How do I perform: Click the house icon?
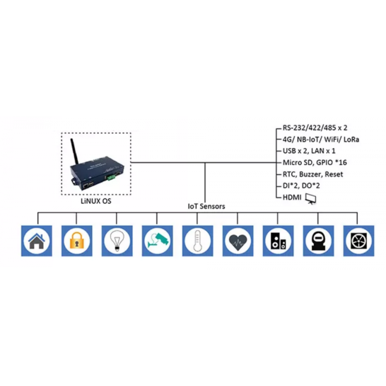[x=37, y=240]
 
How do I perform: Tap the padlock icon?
[x=77, y=240]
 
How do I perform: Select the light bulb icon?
[x=117, y=240]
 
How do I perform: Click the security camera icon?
[x=157, y=240]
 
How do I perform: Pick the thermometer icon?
[x=197, y=240]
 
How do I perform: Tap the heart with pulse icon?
[x=237, y=240]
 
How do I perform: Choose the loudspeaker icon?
[x=278, y=240]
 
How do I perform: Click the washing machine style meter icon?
[x=318, y=240]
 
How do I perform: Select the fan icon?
[x=358, y=240]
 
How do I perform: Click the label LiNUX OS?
[x=96, y=201]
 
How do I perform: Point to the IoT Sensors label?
[x=206, y=206]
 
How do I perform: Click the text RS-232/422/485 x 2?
[x=315, y=128]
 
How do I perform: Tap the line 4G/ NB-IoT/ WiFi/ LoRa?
[x=320, y=139]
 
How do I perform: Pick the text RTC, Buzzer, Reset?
[x=313, y=174]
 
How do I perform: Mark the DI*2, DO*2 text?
[x=302, y=186]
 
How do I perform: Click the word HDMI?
[x=291, y=197]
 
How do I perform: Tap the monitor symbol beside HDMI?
[x=311, y=198]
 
